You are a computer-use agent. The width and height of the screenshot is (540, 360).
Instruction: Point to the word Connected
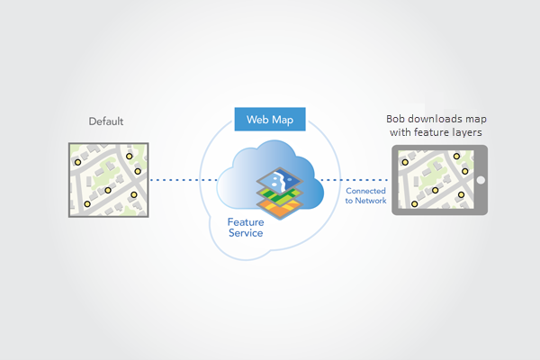(366, 191)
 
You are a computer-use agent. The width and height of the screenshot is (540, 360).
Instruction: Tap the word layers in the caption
(464, 132)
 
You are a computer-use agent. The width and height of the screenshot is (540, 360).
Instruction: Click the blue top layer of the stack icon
(287, 179)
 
